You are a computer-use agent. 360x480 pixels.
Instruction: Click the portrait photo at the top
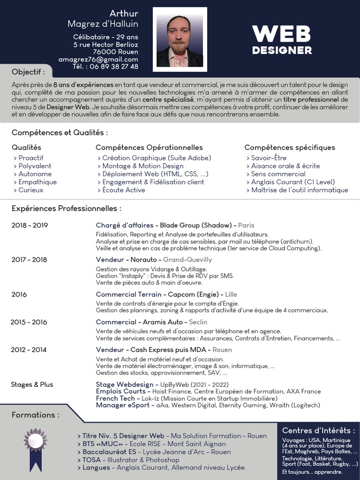(x=180, y=39)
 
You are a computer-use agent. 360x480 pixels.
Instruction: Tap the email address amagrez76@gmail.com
(x=98, y=60)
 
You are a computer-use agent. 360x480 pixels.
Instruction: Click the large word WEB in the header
(x=282, y=34)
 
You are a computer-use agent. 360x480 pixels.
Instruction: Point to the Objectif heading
(x=28, y=72)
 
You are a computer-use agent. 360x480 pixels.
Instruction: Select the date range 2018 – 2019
(x=30, y=225)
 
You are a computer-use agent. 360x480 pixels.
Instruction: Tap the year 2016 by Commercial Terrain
(x=19, y=294)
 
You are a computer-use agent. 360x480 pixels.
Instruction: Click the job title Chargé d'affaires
(x=124, y=225)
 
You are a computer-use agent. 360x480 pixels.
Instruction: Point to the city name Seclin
(x=198, y=322)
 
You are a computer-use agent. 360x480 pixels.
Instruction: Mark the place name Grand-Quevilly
(x=187, y=260)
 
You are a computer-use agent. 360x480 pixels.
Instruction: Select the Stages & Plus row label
(x=32, y=384)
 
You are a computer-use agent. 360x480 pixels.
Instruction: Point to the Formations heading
(x=36, y=415)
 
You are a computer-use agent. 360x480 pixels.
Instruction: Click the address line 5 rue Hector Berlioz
(x=106, y=45)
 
